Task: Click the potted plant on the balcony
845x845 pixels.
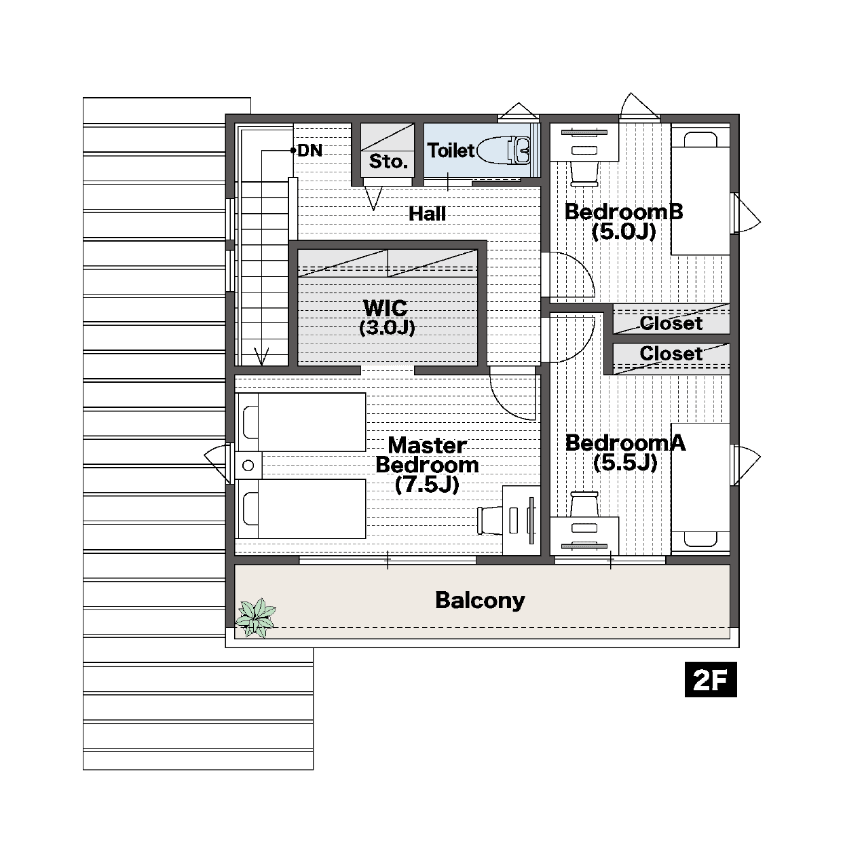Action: [255, 618]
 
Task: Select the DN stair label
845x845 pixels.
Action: [309, 151]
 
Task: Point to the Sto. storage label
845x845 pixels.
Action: [388, 162]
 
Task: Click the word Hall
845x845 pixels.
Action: [427, 214]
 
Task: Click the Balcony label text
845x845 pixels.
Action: [480, 601]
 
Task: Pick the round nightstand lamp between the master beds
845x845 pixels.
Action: [248, 465]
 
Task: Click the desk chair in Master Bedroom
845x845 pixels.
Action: [489, 521]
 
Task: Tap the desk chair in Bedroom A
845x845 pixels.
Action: [584, 504]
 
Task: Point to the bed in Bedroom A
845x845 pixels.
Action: [700, 487]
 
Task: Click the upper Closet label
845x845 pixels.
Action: [671, 323]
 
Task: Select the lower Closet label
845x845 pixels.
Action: [671, 354]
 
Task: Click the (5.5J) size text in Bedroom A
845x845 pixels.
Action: [625, 463]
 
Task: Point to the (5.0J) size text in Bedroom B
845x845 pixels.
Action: [624, 231]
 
